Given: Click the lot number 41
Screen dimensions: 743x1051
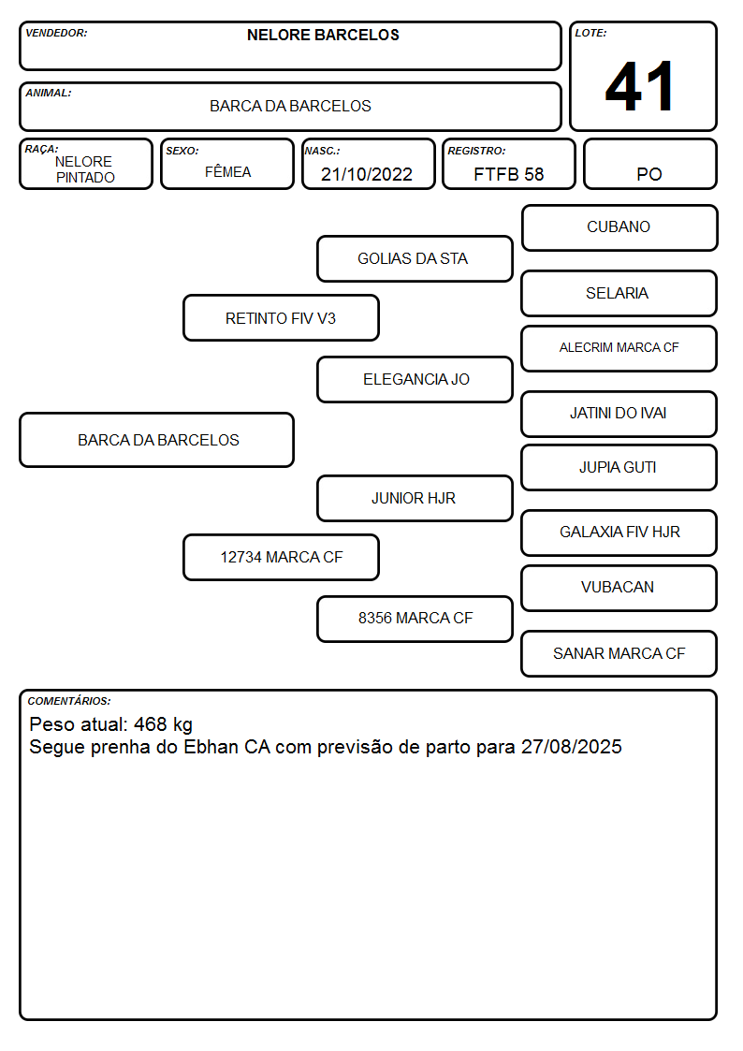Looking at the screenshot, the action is click(x=639, y=86).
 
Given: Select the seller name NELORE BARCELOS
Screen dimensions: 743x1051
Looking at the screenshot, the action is click(x=323, y=35).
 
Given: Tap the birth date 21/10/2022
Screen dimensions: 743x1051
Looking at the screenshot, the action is click(x=367, y=174).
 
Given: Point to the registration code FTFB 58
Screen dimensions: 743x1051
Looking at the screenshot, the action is click(x=508, y=174).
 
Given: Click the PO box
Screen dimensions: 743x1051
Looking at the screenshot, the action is click(x=649, y=164).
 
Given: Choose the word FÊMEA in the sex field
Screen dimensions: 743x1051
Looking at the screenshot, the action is click(x=227, y=171).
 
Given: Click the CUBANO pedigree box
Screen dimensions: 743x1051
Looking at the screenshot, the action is click(x=619, y=228).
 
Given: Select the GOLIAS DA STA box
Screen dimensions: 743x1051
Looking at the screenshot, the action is click(x=415, y=258).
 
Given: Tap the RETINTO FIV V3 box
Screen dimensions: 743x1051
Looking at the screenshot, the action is click(x=281, y=317).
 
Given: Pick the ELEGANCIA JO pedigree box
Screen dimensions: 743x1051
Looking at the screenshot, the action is click(x=415, y=379).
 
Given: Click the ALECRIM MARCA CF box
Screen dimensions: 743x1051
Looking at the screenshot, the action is click(x=619, y=348).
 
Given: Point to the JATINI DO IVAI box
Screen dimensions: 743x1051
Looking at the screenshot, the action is click(x=619, y=414).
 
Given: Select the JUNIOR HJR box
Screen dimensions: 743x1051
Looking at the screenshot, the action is click(x=415, y=498).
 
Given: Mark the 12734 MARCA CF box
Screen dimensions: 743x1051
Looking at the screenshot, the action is click(x=281, y=557).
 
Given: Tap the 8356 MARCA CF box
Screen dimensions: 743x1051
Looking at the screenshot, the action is click(x=415, y=619).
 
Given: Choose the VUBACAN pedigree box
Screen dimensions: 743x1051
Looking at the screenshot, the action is click(x=619, y=588).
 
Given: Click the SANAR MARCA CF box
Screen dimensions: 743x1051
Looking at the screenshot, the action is click(x=619, y=653).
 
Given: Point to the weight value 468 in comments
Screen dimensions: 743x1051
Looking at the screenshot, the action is click(x=150, y=724).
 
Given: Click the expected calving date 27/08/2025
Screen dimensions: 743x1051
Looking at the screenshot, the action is click(x=572, y=747).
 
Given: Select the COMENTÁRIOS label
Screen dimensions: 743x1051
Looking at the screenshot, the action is click(x=69, y=701).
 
